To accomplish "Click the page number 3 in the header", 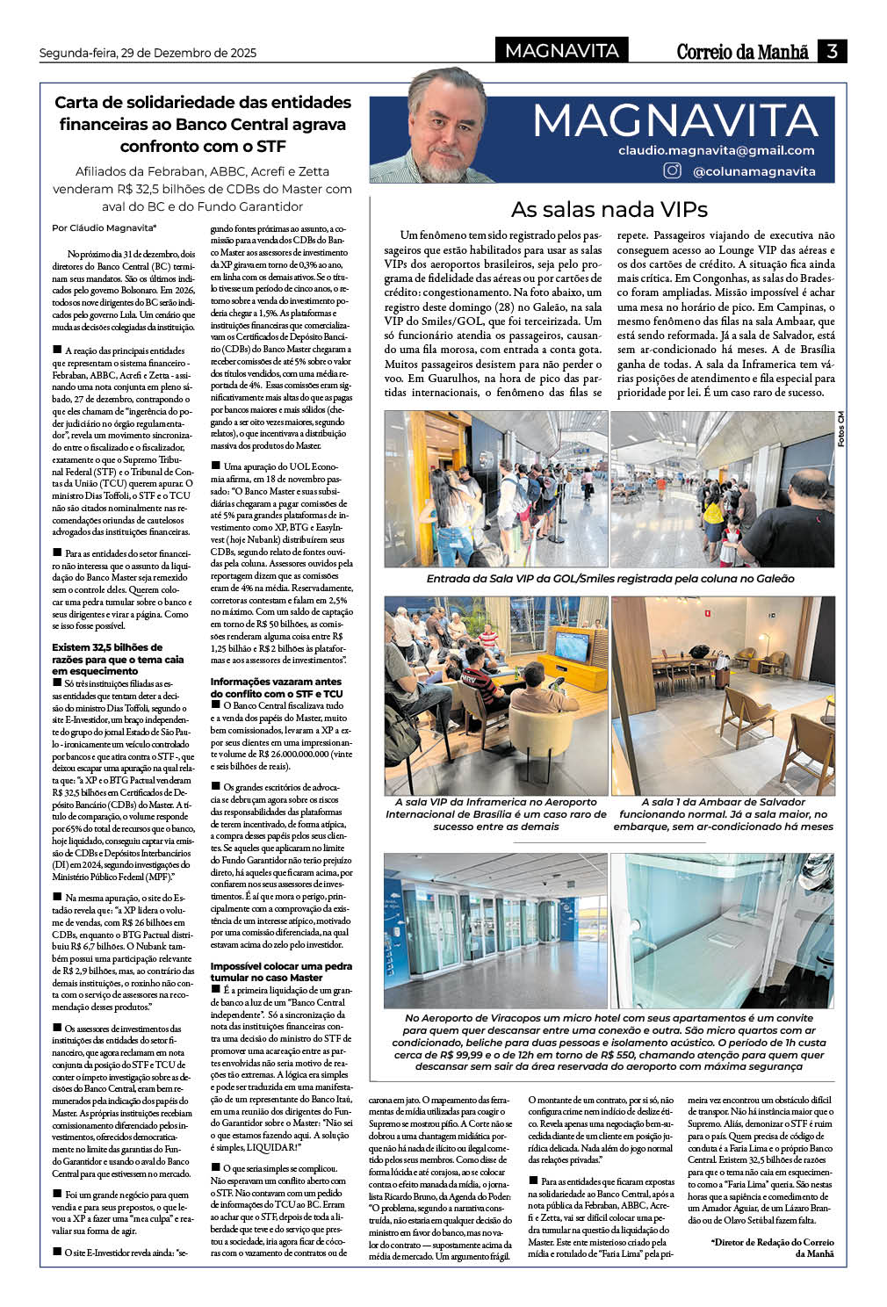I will point(833,51).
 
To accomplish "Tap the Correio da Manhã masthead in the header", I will point(742,52).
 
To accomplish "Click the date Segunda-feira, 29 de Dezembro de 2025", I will point(148,53).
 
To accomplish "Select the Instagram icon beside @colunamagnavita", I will point(672,170).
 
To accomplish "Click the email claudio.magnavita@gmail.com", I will point(716,150).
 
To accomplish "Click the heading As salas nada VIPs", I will point(609,209).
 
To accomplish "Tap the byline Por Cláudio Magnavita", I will point(104,228).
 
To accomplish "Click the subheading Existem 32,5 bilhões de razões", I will point(118,659).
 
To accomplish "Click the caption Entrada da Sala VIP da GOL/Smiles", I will point(609,579).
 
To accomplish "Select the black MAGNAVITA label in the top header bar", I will point(561,51).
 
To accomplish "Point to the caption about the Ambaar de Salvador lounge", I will point(723,814).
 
